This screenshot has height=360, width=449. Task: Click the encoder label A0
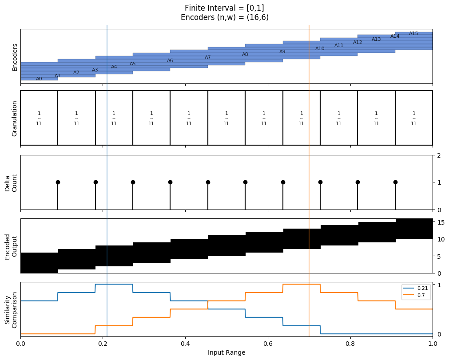coord(39,79)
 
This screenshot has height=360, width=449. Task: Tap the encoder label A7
coord(207,58)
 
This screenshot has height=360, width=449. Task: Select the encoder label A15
coord(413,33)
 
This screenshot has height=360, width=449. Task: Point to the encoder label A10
coord(320,49)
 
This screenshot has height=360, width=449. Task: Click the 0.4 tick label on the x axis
coord(185,344)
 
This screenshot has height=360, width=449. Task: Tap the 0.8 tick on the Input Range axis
coord(350,344)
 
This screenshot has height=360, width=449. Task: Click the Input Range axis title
coord(226,352)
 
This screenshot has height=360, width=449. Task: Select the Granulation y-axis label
coord(14,119)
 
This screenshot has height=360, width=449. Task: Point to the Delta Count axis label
coord(11,183)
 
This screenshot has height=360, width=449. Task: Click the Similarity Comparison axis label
coord(11,310)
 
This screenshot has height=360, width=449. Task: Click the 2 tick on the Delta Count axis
coord(439,156)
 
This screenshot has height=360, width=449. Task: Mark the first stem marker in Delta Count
coord(58,182)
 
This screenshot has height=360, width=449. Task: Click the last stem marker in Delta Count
coord(395,182)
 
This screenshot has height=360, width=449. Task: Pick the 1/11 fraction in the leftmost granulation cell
coord(39,119)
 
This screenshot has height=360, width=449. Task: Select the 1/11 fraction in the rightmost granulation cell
coord(413,119)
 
